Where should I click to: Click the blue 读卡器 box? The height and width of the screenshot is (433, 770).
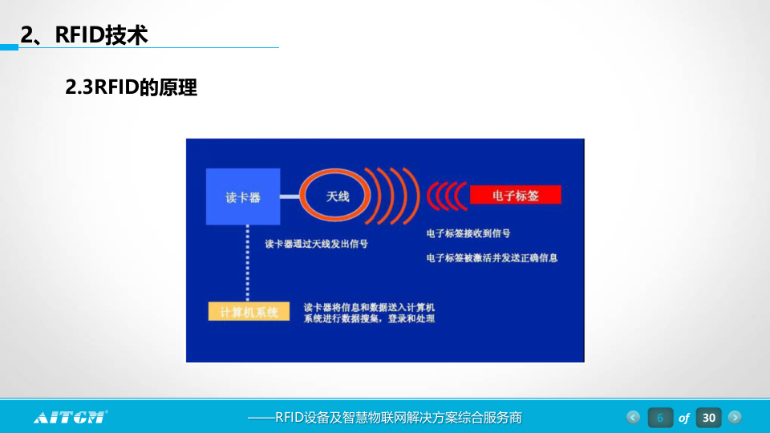(243, 196)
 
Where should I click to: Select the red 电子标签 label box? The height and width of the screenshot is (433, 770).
(515, 195)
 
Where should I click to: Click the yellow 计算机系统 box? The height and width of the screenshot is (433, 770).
(249, 312)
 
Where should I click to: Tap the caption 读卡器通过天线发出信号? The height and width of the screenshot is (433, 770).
(316, 244)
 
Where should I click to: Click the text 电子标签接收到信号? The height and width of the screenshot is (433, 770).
(468, 234)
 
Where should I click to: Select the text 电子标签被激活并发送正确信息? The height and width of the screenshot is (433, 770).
(492, 258)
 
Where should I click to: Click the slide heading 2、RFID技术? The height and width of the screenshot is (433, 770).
(84, 34)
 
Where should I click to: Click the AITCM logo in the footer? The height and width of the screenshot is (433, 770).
(71, 417)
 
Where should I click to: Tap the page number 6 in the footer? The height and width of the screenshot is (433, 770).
(660, 418)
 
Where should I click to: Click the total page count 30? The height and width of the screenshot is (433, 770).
(708, 418)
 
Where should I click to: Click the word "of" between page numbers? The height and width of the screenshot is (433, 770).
(684, 419)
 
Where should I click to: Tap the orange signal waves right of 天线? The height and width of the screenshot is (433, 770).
(393, 196)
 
